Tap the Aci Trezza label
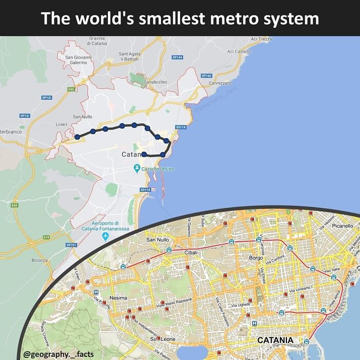coord(261,39)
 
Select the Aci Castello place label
coord(239,51)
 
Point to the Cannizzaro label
coord(221,83)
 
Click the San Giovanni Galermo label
coord(79,60)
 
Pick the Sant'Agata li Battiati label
coord(130,57)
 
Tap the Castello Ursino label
coord(157,169)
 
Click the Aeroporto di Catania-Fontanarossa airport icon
coord(105,236)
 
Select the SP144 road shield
coord(177,57)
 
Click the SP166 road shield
coord(206,76)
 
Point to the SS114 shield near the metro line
coord(181,127)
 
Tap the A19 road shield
coord(46,237)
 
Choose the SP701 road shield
coord(71,245)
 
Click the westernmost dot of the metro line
coord(77,137)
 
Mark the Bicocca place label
coord(39,260)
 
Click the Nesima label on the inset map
coord(118,298)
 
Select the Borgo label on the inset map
coord(256,258)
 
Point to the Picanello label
coord(343,226)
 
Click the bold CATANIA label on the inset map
coord(275,340)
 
